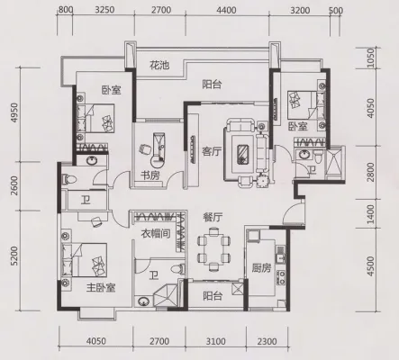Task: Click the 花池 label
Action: (x=159, y=65)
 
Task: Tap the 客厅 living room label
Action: (x=212, y=151)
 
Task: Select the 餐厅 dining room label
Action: (x=213, y=217)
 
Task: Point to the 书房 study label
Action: (x=150, y=175)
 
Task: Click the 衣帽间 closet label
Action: (x=156, y=233)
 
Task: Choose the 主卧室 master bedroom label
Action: (x=101, y=288)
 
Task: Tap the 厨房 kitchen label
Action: (x=261, y=268)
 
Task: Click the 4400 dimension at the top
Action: (x=226, y=11)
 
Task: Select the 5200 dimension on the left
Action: (x=14, y=256)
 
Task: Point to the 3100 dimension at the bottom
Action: (x=216, y=341)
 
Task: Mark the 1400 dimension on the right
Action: (x=371, y=214)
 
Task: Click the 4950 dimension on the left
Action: (x=14, y=113)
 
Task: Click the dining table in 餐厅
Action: (x=213, y=248)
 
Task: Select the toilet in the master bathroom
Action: (x=177, y=268)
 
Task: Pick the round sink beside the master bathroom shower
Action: (x=144, y=301)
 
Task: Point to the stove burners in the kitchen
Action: (x=281, y=277)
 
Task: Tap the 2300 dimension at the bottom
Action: (x=267, y=341)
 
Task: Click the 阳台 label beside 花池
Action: (x=212, y=85)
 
